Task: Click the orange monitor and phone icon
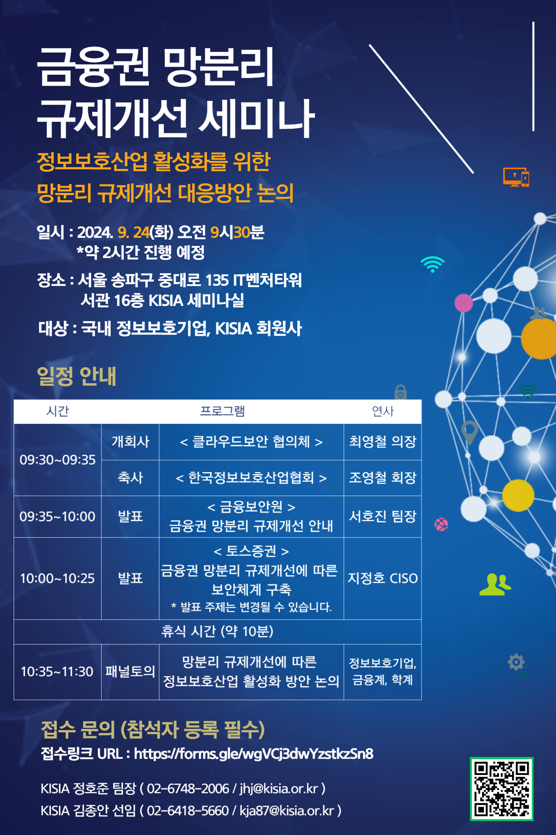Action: click(516, 177)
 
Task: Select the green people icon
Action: click(495, 584)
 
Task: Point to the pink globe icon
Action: click(441, 524)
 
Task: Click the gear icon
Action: click(516, 662)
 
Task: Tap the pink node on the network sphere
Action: click(464, 303)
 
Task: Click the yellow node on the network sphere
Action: click(518, 496)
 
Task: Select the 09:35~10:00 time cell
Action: click(57, 517)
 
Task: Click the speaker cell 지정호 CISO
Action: click(382, 578)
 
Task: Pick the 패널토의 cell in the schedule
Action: click(130, 672)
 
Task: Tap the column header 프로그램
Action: click(222, 411)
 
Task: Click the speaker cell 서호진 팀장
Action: click(382, 516)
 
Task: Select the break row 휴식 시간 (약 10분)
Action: click(217, 631)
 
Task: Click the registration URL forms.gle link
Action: click(254, 754)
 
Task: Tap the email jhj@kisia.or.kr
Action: click(279, 789)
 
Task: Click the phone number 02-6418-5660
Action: click(188, 811)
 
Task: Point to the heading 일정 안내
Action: click(76, 376)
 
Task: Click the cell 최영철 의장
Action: click(382, 441)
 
